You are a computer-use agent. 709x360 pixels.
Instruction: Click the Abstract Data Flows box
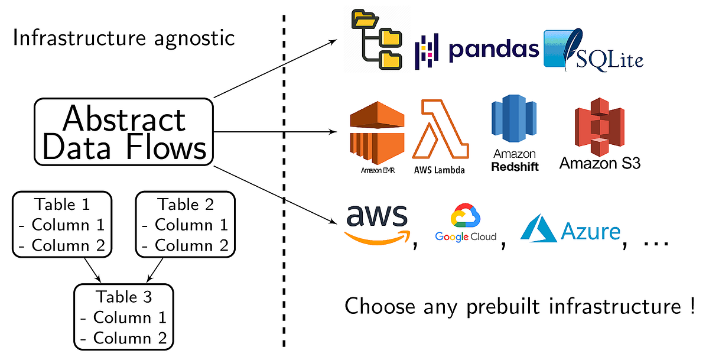pyautogui.click(x=123, y=132)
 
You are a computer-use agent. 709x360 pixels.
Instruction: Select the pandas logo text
pyautogui.click(x=493, y=50)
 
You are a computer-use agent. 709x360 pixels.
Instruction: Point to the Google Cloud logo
pyautogui.click(x=466, y=225)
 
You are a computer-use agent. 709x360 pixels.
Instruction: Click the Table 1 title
pyautogui.click(x=61, y=205)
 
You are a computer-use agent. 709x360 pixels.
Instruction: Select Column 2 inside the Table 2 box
pyautogui.click(x=184, y=245)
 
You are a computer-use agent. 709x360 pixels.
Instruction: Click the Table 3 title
pyautogui.click(x=123, y=297)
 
